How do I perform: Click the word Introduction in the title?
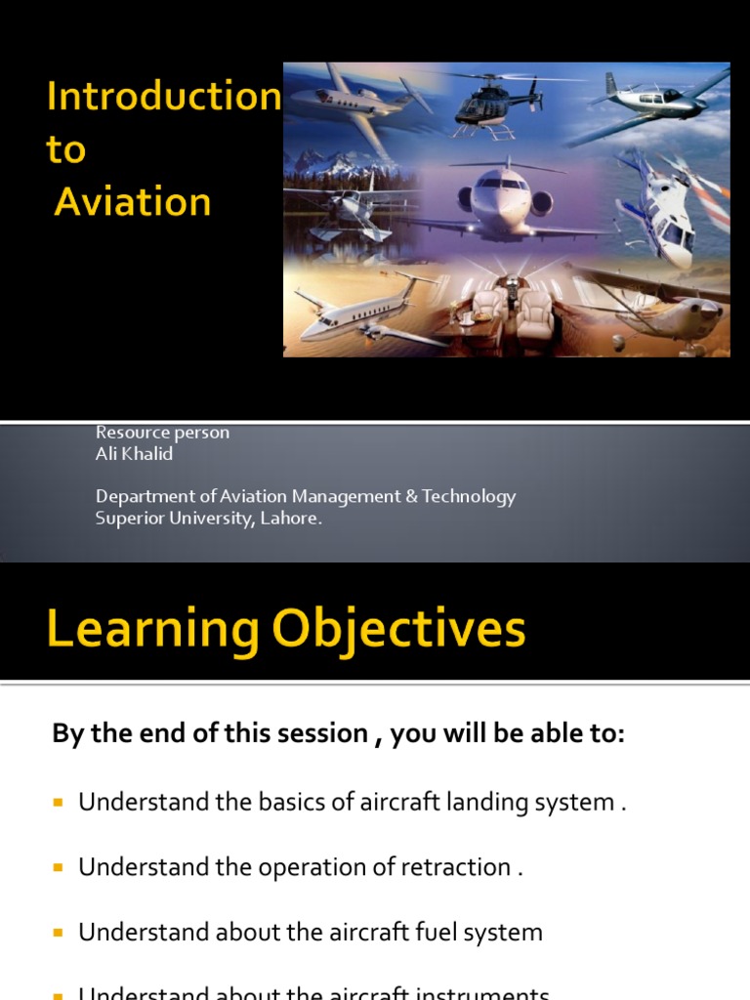coord(164,97)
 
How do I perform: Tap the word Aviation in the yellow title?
coord(133,201)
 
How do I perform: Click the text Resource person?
coord(162,433)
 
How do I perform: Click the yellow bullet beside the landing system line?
coord(58,803)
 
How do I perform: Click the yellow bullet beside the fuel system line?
coord(58,932)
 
